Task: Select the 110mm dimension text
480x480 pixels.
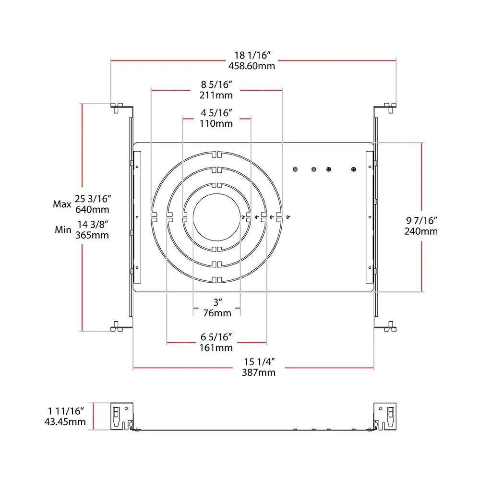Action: click(x=216, y=123)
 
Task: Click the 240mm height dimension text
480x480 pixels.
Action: click(x=422, y=231)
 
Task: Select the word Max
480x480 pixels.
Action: click(x=62, y=204)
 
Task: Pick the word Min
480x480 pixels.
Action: click(x=62, y=230)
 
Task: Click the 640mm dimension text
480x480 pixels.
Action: click(x=92, y=209)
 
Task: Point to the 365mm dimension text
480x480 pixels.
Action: click(x=92, y=235)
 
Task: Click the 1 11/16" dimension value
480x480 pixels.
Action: click(x=66, y=411)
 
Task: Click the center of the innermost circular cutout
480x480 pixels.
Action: click(x=216, y=217)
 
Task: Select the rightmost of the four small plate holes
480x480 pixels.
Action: click(x=354, y=169)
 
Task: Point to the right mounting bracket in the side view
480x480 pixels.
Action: click(x=385, y=416)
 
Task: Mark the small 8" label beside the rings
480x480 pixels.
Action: click(x=288, y=217)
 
